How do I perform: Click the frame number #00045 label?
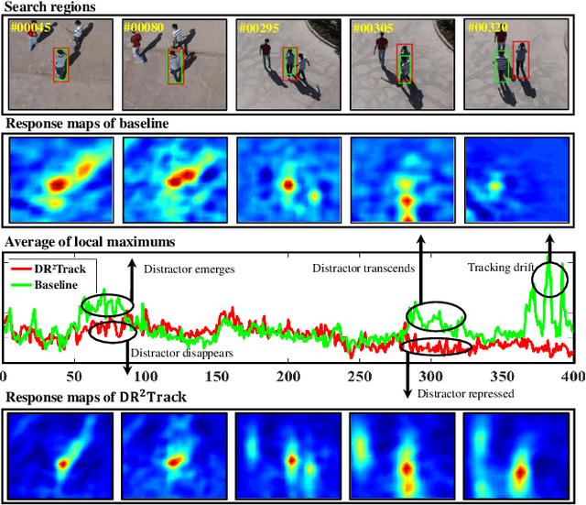[29, 27]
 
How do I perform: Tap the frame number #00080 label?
[146, 27]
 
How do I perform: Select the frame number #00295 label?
[258, 27]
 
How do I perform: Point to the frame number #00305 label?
[372, 27]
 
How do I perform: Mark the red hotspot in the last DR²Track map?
[519, 473]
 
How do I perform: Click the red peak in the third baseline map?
[288, 184]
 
